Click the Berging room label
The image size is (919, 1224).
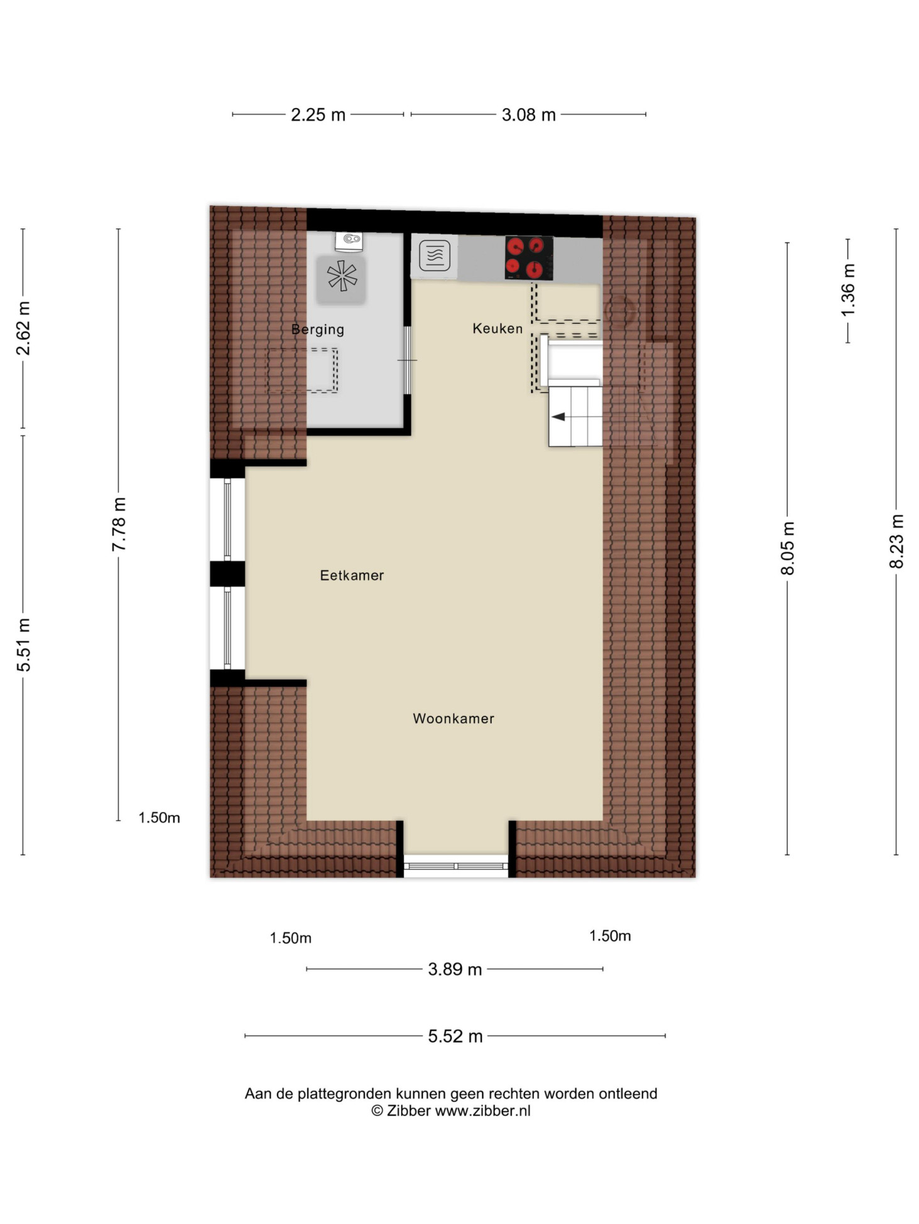tap(317, 330)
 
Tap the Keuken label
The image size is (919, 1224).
tap(498, 328)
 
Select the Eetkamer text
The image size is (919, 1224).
tap(352, 575)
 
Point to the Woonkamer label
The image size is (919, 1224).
tap(454, 718)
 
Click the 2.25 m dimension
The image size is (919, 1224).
tap(318, 115)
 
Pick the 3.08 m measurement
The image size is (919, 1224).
tap(528, 115)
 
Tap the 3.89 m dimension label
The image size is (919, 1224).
tap(455, 969)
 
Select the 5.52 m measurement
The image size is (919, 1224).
tap(455, 1036)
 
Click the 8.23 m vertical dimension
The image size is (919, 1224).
tap(896, 541)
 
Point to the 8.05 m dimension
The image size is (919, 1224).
tap(788, 547)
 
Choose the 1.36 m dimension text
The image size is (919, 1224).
tap(848, 291)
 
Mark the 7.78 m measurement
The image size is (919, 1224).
tap(119, 524)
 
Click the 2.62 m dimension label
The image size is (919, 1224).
tap(23, 328)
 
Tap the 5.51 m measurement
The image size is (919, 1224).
tap(23, 645)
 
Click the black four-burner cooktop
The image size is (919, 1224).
tap(529, 258)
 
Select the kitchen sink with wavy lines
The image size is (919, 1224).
tap(434, 255)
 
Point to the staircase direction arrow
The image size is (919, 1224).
tap(558, 417)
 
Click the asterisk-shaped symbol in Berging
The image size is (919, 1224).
tap(342, 276)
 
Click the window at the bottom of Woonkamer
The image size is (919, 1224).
tap(455, 866)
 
